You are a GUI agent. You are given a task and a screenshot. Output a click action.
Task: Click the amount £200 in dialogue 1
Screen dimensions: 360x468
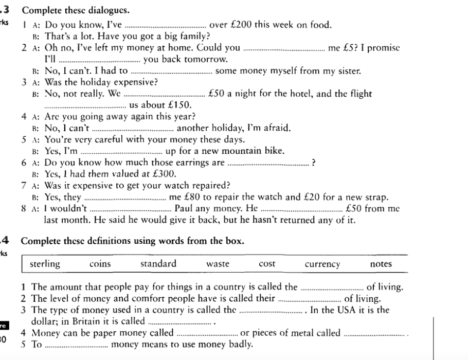(x=244, y=25)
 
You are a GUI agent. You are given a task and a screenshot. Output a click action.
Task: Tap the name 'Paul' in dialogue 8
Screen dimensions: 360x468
(x=185, y=208)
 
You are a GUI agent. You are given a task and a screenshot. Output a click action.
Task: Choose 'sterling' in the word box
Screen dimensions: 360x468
(x=45, y=264)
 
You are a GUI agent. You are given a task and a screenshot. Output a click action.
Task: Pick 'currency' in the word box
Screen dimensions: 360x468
(x=322, y=264)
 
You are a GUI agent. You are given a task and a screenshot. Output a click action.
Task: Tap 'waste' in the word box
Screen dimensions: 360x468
(x=217, y=264)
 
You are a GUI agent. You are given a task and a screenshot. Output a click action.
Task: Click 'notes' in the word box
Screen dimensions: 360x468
(x=381, y=264)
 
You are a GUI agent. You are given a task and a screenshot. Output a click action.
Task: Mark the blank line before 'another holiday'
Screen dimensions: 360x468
(x=133, y=129)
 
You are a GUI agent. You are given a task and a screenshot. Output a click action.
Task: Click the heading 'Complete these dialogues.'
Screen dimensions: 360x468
(x=76, y=10)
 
